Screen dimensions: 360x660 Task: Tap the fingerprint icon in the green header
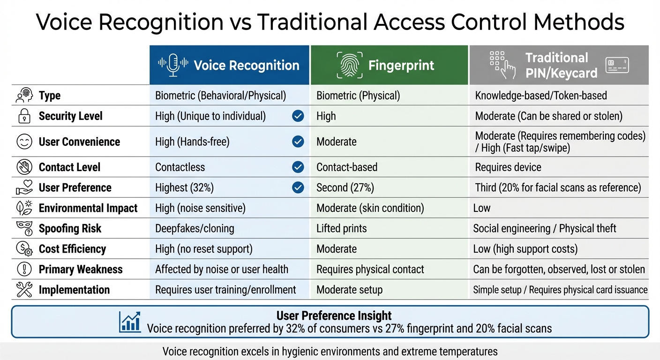[349, 65]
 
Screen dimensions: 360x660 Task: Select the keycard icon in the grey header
[617, 66]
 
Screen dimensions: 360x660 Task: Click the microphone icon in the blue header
[173, 65]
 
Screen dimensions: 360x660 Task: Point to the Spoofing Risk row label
[70, 228]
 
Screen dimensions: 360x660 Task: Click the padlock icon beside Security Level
[24, 116]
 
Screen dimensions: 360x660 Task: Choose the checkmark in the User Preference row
[298, 187]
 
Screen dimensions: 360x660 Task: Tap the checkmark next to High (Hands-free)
[298, 142]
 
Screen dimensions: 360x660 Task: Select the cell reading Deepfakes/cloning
[195, 228]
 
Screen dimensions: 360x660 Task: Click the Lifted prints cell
[341, 228]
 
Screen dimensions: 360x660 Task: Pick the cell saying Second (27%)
[345, 187]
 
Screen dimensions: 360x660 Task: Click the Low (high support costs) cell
[525, 249]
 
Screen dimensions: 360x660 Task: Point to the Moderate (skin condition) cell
[370, 208]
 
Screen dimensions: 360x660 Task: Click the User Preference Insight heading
[334, 315]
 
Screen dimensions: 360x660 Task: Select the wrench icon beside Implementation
[24, 290]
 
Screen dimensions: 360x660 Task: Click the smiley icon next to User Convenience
[24, 142]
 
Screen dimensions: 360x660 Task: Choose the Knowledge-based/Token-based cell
[540, 96]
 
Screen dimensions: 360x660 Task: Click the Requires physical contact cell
[370, 270]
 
